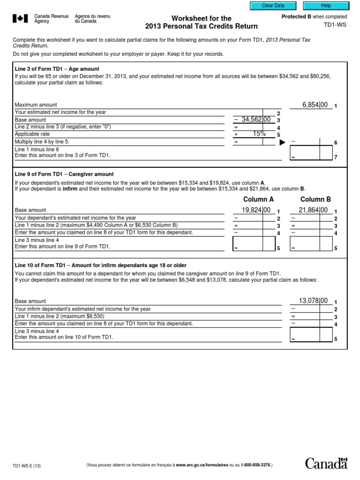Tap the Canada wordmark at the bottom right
tap(326, 464)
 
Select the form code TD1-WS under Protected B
tap(335, 25)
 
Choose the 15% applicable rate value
tap(259, 134)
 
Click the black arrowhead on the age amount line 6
tap(282, 142)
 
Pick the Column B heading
tap(315, 199)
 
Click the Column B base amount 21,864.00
tap(313, 210)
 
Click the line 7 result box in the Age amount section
tap(310, 153)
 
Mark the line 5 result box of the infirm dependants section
tap(310, 334)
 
